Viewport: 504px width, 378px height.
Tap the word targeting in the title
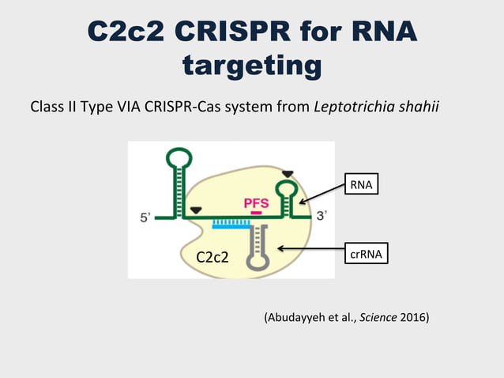pyautogui.click(x=251, y=65)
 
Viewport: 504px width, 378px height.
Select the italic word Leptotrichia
pyautogui.click(x=351, y=106)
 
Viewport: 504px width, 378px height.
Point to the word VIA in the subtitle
pyautogui.click(x=128, y=106)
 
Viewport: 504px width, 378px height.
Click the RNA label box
pyautogui.click(x=360, y=185)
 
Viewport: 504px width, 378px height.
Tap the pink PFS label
pyautogui.click(x=256, y=203)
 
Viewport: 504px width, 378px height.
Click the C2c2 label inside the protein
pyautogui.click(x=212, y=256)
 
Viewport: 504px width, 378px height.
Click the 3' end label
pyautogui.click(x=322, y=215)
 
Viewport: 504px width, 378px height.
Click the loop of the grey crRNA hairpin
pyautogui.click(x=258, y=263)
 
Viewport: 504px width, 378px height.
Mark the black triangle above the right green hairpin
pyautogui.click(x=288, y=173)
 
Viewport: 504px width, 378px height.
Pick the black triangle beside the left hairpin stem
pyautogui.click(x=195, y=210)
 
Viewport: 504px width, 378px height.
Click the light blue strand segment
pyautogui.click(x=231, y=225)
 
